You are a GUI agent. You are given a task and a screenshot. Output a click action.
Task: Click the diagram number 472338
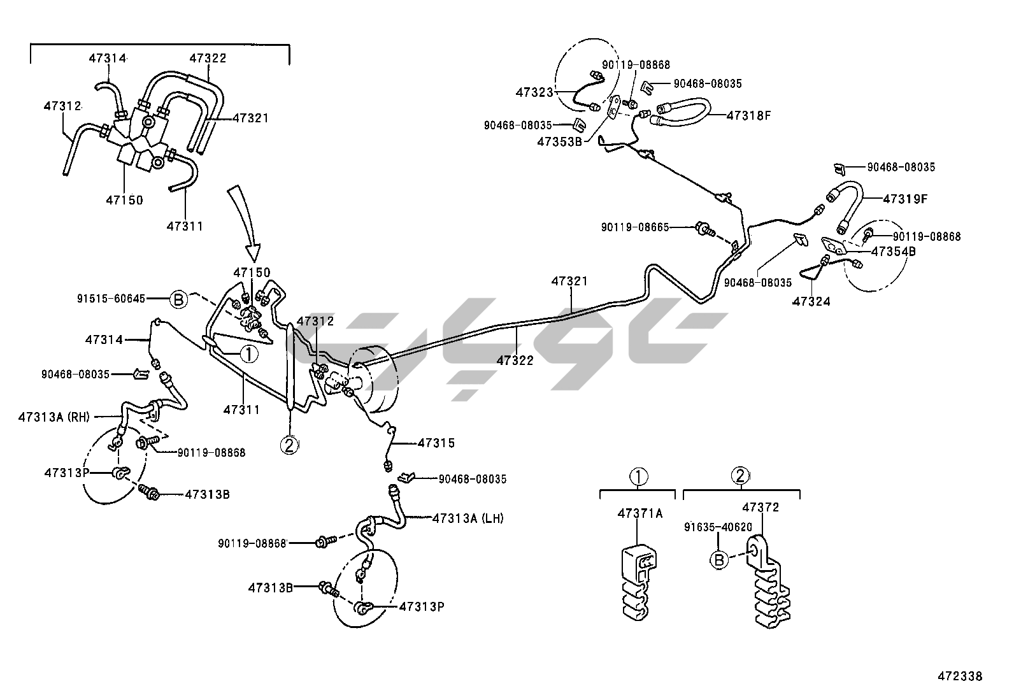pos(959,676)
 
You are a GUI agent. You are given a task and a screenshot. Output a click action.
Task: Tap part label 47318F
pos(749,115)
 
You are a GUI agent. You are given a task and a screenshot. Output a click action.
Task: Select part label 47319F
pos(905,199)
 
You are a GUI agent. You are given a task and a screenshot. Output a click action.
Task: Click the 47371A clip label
pos(639,513)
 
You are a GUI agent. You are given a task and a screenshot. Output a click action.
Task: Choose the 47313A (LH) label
pos(468,518)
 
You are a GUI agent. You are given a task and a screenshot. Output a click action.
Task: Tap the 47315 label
pos(436,443)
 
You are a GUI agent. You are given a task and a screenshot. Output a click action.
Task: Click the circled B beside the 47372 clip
pos(718,560)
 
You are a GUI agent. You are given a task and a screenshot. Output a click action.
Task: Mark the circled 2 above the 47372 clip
pos(739,475)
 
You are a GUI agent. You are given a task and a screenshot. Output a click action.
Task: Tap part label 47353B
pos(559,141)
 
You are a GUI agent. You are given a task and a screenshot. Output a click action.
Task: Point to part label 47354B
pos(893,252)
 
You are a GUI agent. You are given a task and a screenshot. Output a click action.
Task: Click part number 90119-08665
pos(635,227)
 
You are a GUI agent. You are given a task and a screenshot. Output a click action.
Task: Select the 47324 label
pos(811,301)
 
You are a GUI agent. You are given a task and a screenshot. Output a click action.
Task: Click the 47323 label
pos(534,92)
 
